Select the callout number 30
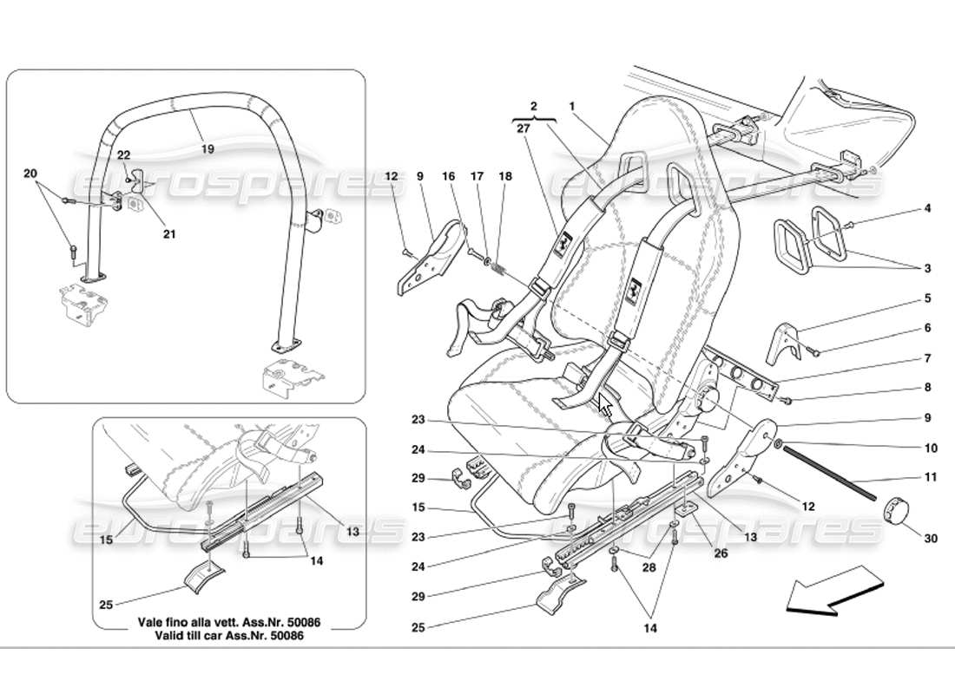931,539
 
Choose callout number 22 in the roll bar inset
124,154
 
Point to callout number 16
448,176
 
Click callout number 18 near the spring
506,176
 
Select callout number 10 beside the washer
931,448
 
